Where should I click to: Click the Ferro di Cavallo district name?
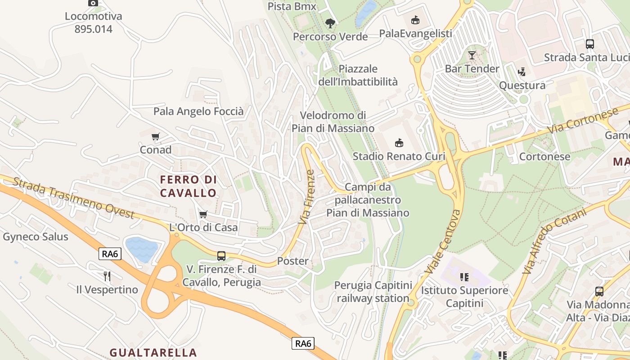(x=189, y=186)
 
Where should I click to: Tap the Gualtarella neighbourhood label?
(x=153, y=352)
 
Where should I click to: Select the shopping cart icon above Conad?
(x=156, y=136)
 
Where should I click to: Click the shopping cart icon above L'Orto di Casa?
(x=203, y=214)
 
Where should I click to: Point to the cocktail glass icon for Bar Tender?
(x=472, y=55)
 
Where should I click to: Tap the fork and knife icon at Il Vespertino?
(x=107, y=276)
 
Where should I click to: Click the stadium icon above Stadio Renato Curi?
(x=399, y=143)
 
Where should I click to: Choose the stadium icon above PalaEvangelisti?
(x=415, y=20)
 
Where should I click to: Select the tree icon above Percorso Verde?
(x=330, y=23)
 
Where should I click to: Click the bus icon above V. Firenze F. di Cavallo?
(x=221, y=256)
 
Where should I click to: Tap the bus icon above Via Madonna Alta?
(x=599, y=292)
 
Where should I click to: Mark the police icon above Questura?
(x=522, y=72)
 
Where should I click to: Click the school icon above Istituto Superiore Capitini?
(x=464, y=277)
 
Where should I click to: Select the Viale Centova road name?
(x=443, y=242)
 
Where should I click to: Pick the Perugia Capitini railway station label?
(x=373, y=292)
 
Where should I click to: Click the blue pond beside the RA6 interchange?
(x=142, y=249)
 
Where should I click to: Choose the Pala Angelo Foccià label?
(x=198, y=111)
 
